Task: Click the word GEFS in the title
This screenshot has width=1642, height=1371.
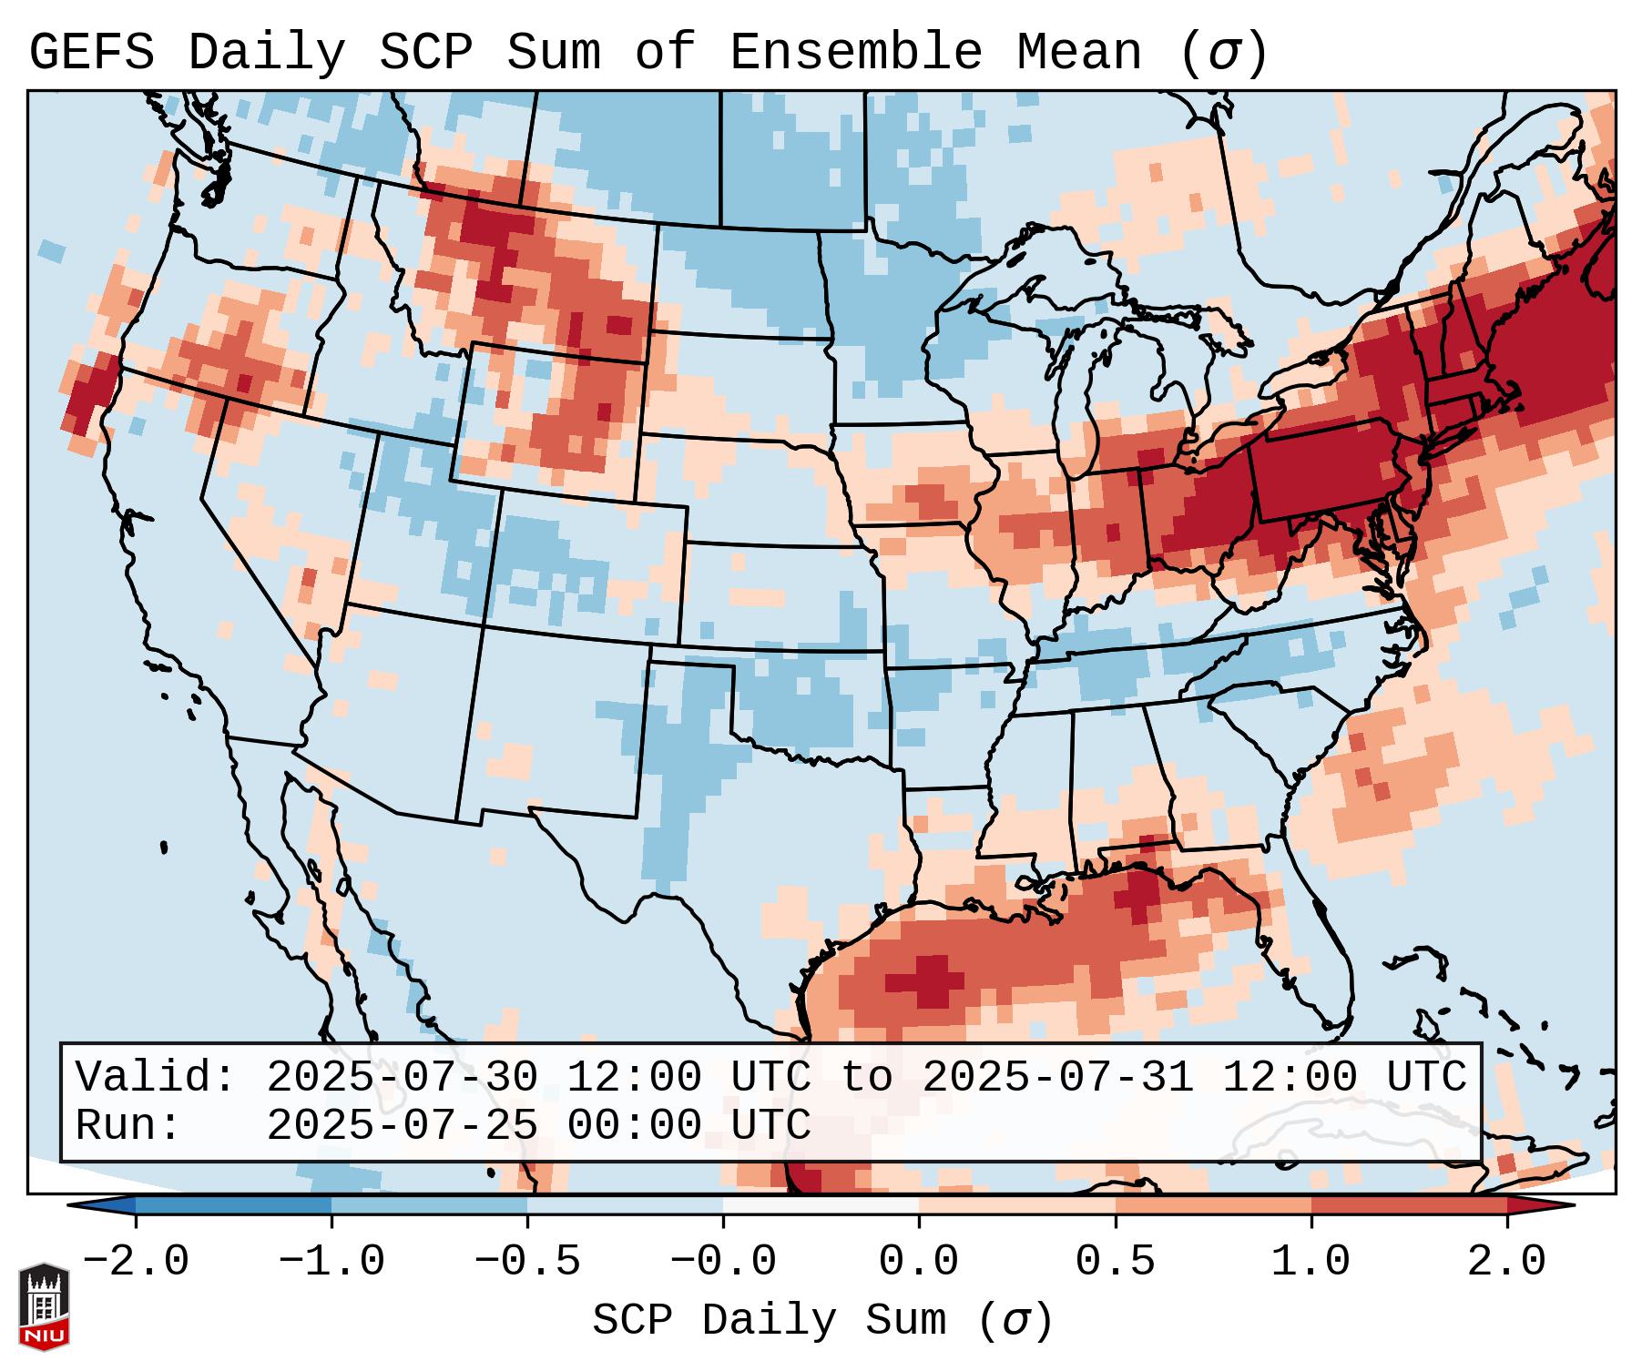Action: click(x=92, y=53)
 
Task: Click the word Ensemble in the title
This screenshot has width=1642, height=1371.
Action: click(x=855, y=53)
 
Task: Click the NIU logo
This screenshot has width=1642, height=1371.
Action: click(x=44, y=1306)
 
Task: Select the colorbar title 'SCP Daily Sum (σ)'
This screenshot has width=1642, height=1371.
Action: click(x=822, y=1321)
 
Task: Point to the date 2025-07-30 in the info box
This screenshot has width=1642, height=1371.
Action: click(x=402, y=1077)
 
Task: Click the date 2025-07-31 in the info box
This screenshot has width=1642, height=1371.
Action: click(x=1057, y=1077)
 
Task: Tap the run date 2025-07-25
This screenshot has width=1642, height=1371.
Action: click(x=402, y=1126)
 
